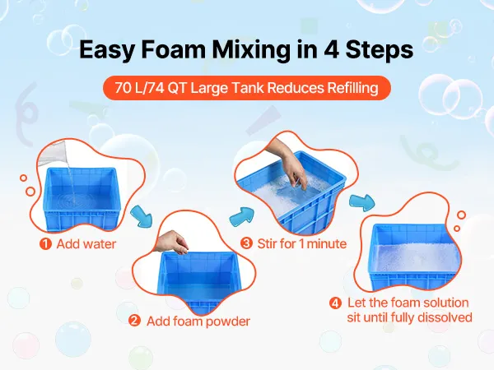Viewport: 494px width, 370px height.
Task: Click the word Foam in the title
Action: click(174, 49)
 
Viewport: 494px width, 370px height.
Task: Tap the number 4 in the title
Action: click(331, 49)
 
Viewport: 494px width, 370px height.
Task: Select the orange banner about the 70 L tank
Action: click(247, 88)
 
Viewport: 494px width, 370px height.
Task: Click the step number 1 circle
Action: click(45, 244)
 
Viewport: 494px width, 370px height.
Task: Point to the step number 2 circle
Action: click(134, 321)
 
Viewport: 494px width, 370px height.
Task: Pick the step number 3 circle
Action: click(246, 243)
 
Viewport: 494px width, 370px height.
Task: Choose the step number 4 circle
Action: click(335, 303)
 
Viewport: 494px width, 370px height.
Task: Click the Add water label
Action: click(86, 244)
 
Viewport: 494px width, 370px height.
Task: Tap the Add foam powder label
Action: click(198, 321)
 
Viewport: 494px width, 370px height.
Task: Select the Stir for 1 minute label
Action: click(302, 243)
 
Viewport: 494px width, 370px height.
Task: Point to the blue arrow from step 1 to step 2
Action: click(142, 216)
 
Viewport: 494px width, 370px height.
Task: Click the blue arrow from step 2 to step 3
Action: click(242, 216)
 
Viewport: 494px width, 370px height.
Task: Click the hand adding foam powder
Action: click(171, 242)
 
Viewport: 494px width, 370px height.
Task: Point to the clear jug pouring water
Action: click(53, 155)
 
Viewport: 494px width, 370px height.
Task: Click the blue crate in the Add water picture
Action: click(82, 199)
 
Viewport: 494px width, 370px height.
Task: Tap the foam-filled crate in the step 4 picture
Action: click(415, 257)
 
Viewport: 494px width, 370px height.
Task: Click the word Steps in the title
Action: click(380, 49)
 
